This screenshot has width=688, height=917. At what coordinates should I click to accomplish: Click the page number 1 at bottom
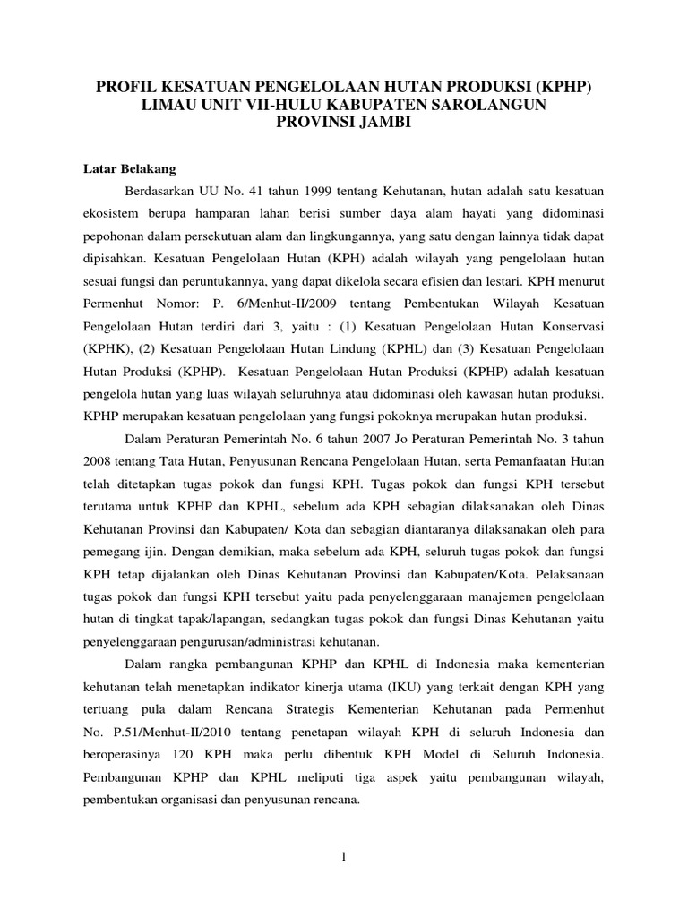(344, 857)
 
